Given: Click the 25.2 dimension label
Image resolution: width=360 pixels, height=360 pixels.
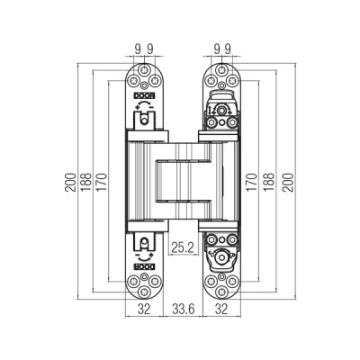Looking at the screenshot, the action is click(x=183, y=247).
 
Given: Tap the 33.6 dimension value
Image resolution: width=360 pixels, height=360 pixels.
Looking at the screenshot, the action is click(x=184, y=309).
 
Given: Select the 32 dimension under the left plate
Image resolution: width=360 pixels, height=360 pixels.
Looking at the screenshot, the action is click(x=144, y=309).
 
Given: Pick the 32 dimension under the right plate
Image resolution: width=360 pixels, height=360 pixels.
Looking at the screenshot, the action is click(x=221, y=309).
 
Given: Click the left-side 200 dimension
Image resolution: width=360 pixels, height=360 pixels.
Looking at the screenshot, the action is click(x=70, y=183).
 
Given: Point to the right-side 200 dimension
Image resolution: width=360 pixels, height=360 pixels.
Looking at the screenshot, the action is click(x=288, y=183).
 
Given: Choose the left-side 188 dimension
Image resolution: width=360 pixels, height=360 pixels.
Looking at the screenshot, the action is click(x=86, y=183).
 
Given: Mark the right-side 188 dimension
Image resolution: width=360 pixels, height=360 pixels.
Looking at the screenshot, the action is click(x=270, y=183).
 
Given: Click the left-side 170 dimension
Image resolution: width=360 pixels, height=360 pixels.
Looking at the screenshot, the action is click(x=102, y=183).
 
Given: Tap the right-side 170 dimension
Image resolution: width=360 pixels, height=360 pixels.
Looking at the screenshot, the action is click(x=253, y=183).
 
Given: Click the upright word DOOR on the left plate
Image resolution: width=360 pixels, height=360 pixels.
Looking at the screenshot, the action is click(x=144, y=96).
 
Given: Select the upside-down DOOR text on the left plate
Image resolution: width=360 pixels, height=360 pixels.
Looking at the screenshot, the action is click(x=144, y=266).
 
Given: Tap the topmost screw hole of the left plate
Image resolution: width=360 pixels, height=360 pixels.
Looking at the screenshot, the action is click(x=144, y=70).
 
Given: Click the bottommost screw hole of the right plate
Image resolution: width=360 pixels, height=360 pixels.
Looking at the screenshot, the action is click(x=221, y=291).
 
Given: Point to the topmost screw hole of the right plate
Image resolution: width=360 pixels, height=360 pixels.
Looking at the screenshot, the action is click(x=221, y=70).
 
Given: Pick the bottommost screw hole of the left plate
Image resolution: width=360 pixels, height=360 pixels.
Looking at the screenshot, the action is click(x=144, y=291).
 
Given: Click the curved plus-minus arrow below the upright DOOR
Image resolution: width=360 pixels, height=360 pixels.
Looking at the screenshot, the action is click(x=144, y=105).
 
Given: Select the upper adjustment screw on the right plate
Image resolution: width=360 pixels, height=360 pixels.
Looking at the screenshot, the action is click(x=221, y=111).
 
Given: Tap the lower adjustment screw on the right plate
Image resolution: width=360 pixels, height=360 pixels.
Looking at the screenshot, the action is click(x=221, y=257).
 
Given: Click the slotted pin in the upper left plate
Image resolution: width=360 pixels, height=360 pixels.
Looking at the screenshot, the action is click(x=144, y=120).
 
